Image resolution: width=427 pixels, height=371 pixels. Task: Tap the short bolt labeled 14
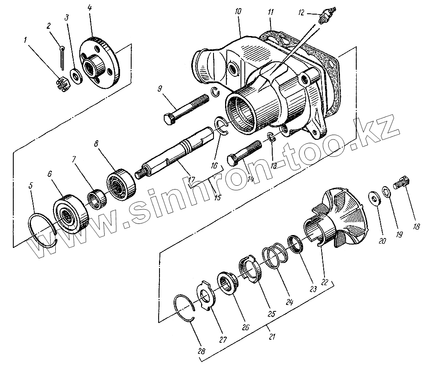click(x=246, y=152)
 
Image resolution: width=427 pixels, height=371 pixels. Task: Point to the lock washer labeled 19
click(x=386, y=192)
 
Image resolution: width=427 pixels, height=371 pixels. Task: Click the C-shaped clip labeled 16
click(x=221, y=128)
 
